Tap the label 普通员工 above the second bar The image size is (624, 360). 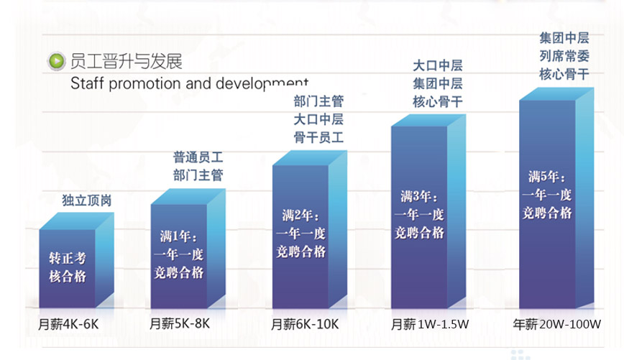[x=198, y=156]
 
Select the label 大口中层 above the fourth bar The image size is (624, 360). [x=438, y=65]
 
